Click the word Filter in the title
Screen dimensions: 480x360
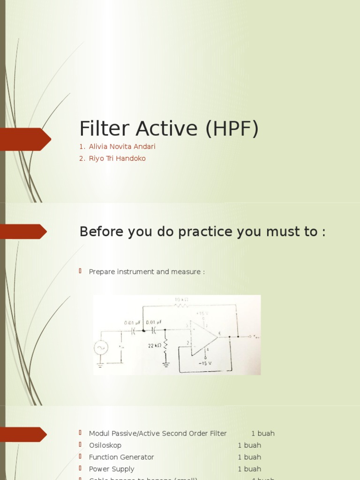point(100,128)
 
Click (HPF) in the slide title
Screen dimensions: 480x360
point(232,128)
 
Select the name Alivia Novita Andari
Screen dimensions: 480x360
point(122,147)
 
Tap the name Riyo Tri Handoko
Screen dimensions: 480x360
point(117,158)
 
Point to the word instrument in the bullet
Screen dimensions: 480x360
point(139,272)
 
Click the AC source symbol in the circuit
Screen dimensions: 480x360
point(101,348)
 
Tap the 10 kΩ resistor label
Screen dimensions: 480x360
point(181,300)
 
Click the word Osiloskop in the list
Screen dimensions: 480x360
point(105,445)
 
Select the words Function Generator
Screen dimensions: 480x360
point(121,457)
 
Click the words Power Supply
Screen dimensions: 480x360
point(112,469)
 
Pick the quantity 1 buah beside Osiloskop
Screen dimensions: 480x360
point(249,445)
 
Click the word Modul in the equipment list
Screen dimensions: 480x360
point(98,434)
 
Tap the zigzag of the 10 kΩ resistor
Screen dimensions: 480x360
point(181,306)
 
